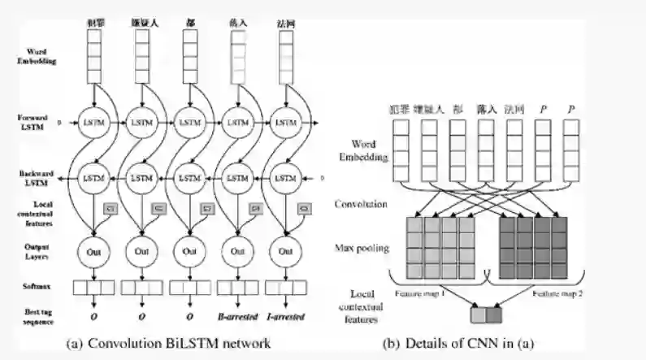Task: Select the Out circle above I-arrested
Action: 286,251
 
